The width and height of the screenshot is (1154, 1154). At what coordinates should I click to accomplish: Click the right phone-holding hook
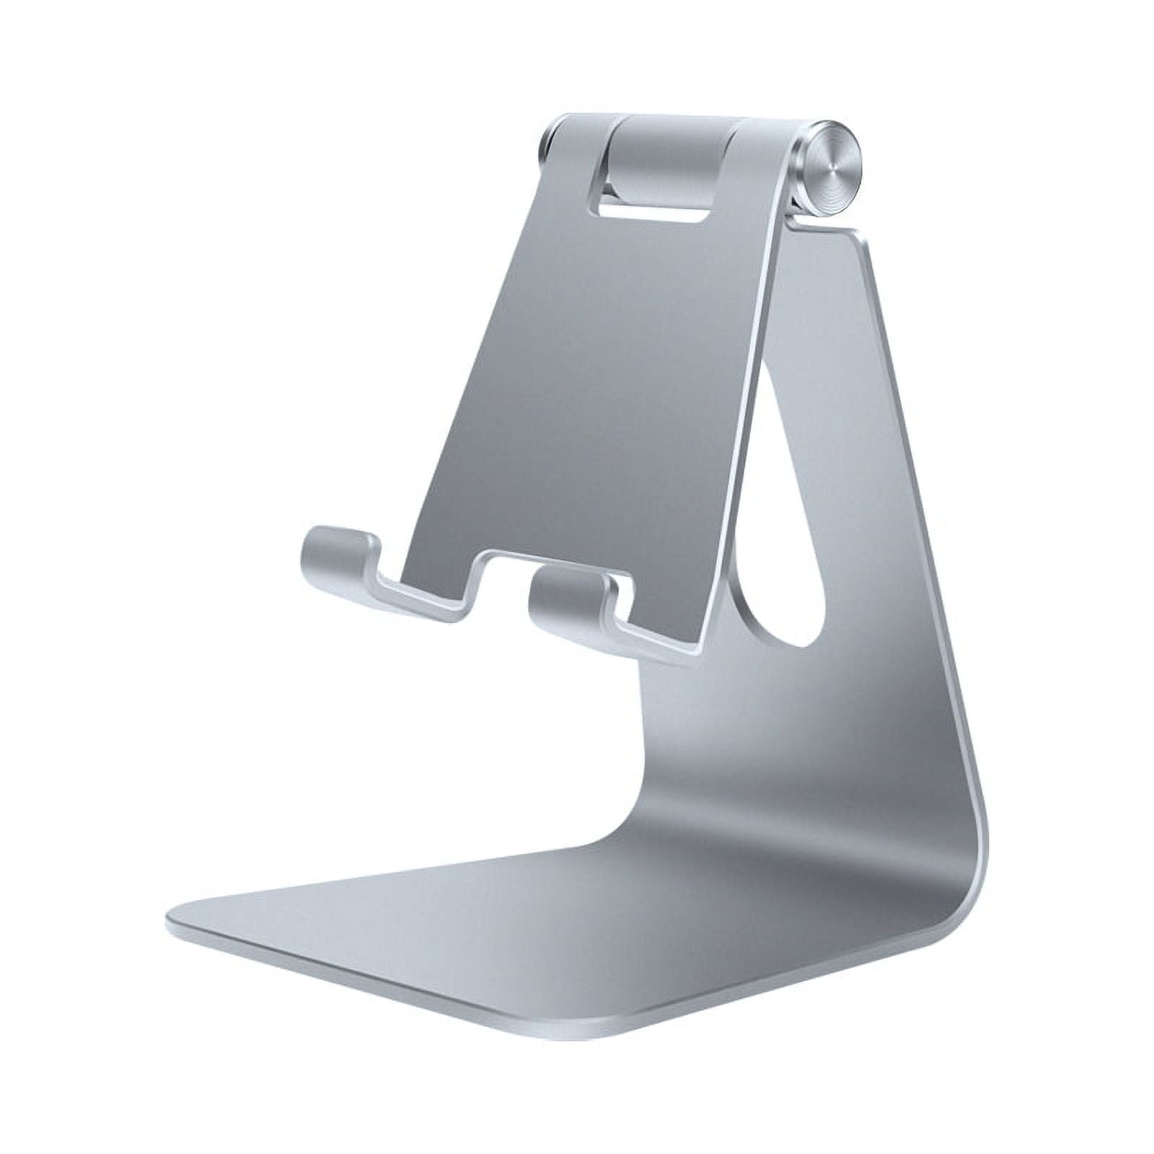(x=570, y=595)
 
